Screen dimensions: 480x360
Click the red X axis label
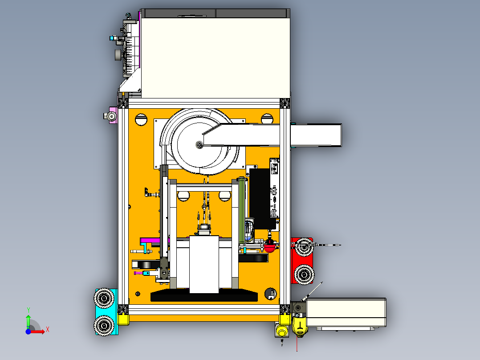[x=48, y=330]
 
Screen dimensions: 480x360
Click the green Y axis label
[x=28, y=310]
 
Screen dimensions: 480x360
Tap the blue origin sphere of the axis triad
[x=28, y=331]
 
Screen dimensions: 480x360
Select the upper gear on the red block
[x=304, y=247]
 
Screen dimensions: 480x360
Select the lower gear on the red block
[x=304, y=274]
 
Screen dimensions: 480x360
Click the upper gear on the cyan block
[x=104, y=298]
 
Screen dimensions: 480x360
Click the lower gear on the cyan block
[x=104, y=325]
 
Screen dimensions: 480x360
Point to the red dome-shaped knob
[x=270, y=247]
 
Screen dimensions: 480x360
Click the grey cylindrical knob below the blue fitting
[x=118, y=55]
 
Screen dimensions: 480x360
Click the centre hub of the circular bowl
[x=199, y=144]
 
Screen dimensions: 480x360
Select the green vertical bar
[x=242, y=211]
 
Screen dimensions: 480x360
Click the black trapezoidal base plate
[x=204, y=295]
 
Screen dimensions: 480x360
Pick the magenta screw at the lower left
[x=138, y=273]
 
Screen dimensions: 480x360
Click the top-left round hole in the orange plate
[x=141, y=119]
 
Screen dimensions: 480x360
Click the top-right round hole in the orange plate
[x=267, y=118]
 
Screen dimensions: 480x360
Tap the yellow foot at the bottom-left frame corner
[x=123, y=319]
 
